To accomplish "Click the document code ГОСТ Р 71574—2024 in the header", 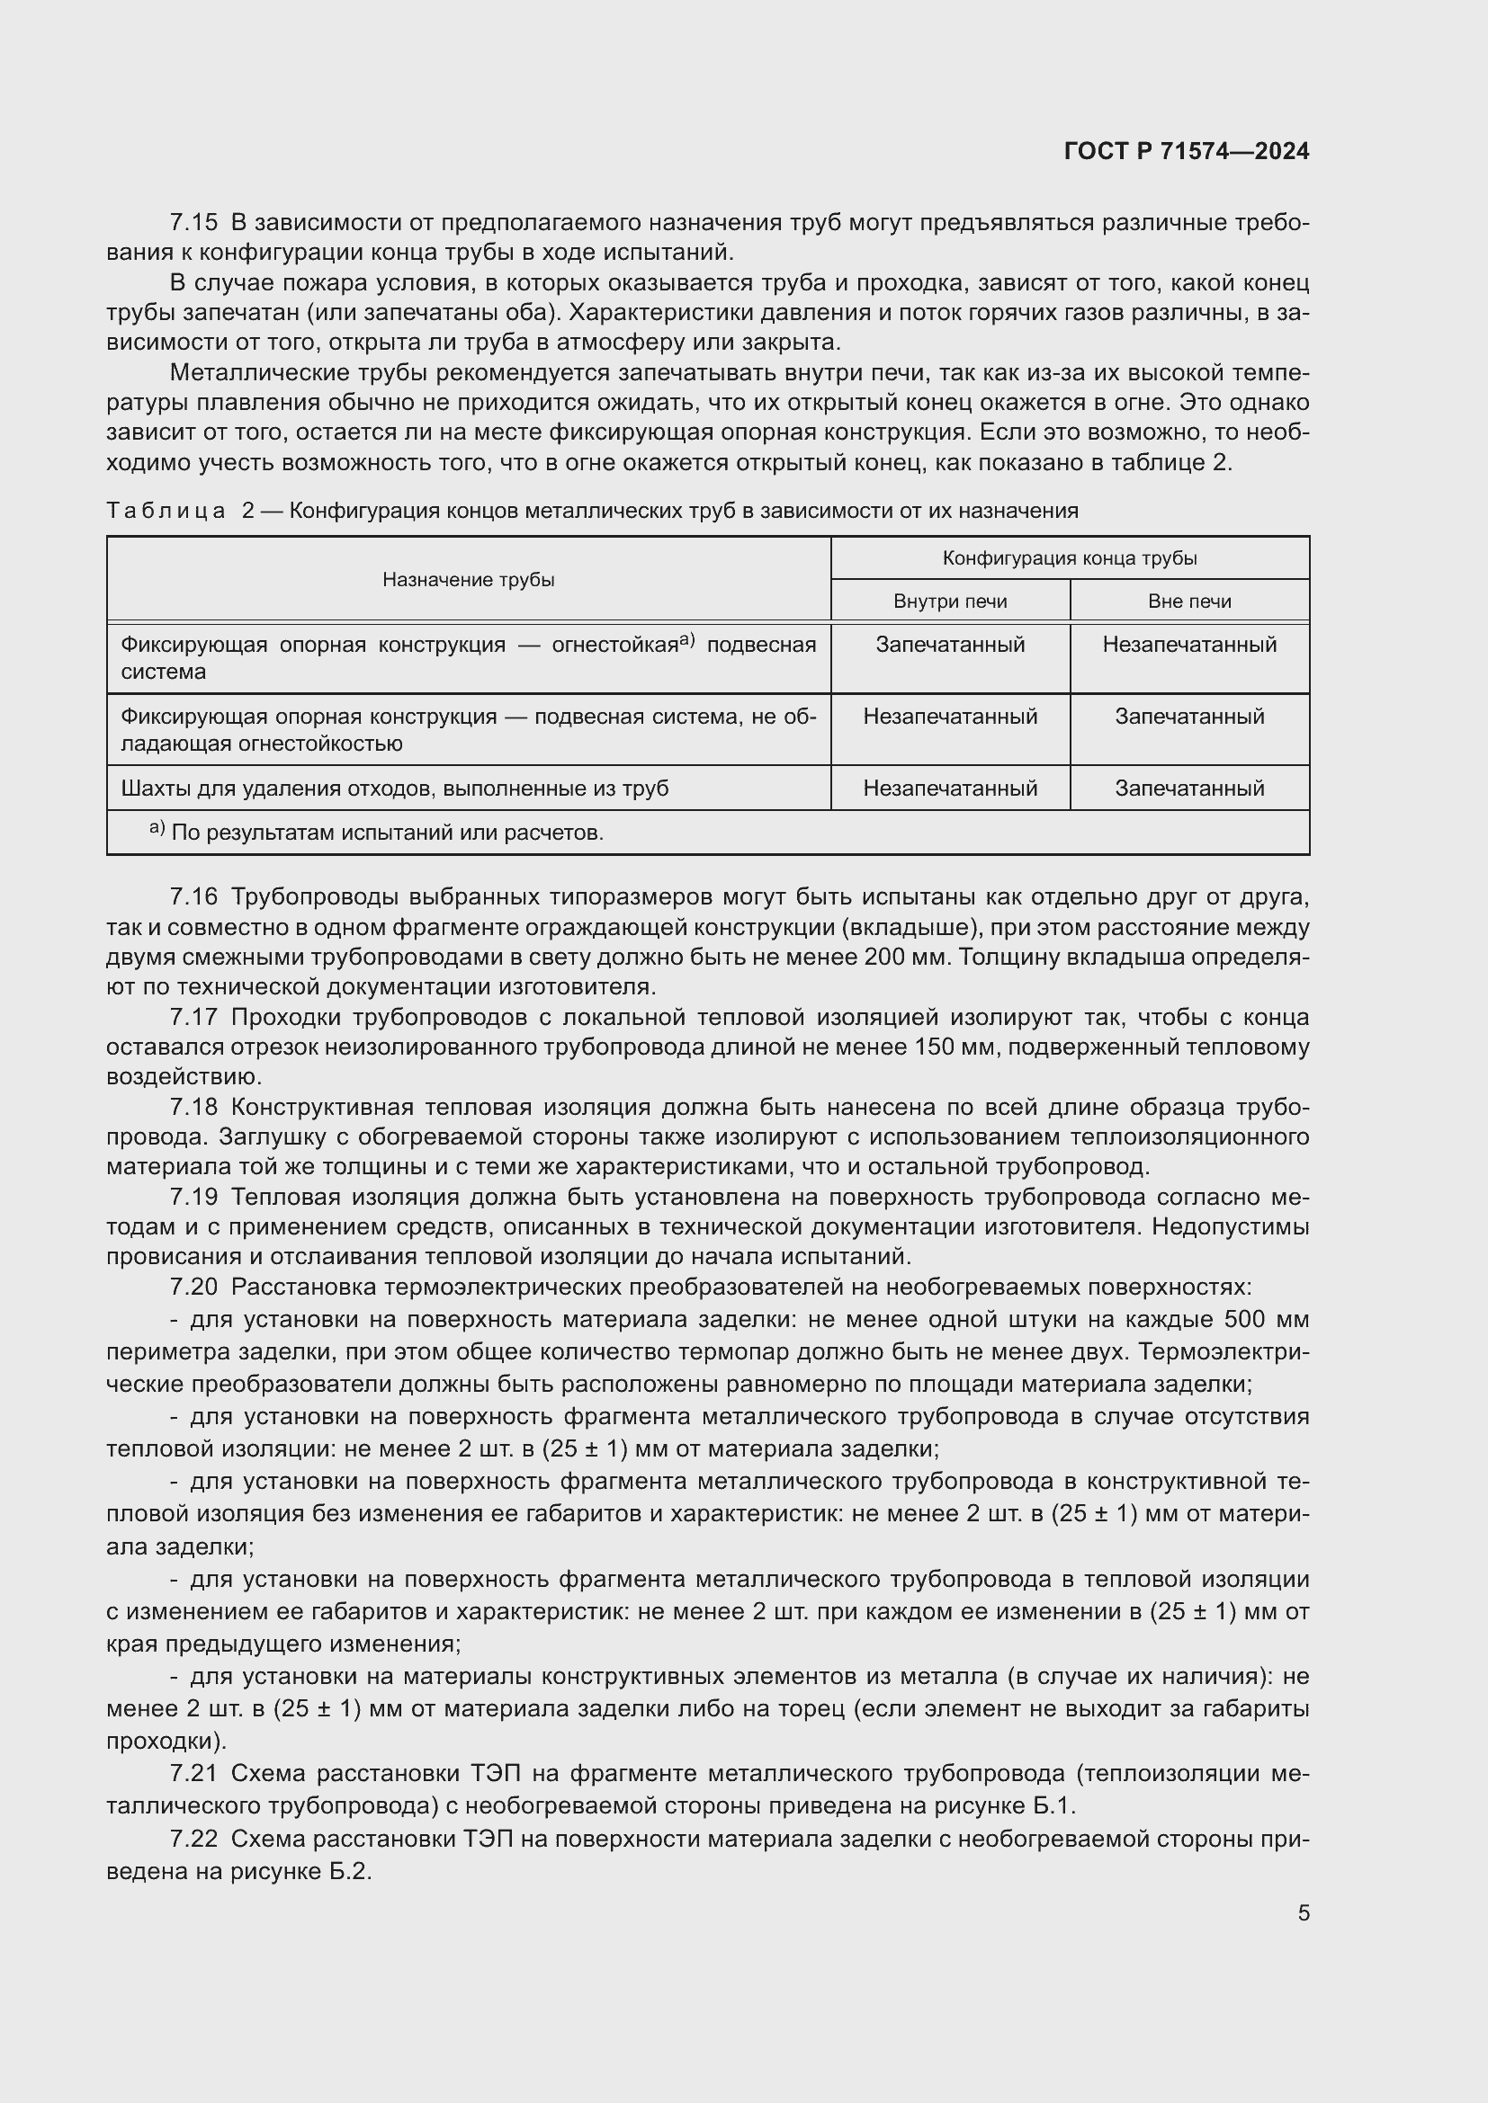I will tap(1187, 151).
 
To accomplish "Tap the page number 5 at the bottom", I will tap(1303, 1913).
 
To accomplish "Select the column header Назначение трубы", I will tap(468, 580).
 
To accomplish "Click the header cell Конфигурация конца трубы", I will tap(1070, 557).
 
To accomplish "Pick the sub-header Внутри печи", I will tap(950, 601).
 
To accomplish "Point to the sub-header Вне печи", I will tap(1189, 601).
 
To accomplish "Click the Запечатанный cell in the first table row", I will tap(950, 645).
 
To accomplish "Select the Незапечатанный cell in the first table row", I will tap(1189, 645).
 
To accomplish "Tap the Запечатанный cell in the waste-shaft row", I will tap(1189, 789).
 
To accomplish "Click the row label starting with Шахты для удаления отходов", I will tap(394, 789).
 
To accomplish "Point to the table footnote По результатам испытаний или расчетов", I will tap(387, 833).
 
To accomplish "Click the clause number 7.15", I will tap(193, 223).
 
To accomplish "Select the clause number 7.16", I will tap(193, 896).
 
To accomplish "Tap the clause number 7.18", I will tap(193, 1108).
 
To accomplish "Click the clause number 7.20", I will tap(193, 1288).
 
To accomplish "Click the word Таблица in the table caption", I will tap(166, 511).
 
